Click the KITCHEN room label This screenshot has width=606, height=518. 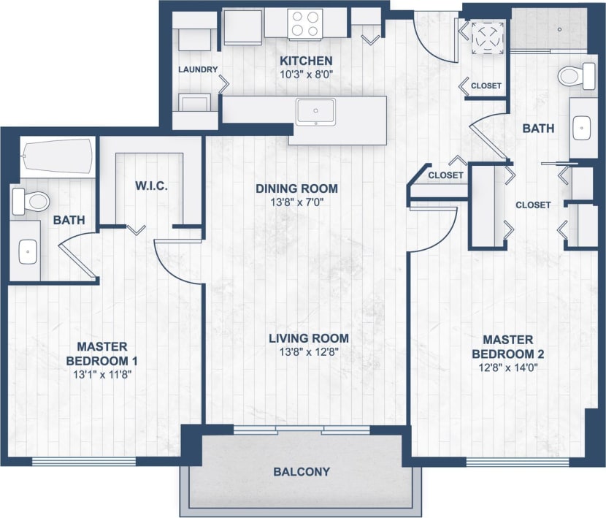pyautogui.click(x=307, y=61)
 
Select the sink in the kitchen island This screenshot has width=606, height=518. pyautogui.click(x=315, y=111)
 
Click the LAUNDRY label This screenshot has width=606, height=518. pyautogui.click(x=198, y=69)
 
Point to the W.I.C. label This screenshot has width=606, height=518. pyautogui.click(x=152, y=186)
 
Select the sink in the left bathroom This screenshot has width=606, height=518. pyautogui.click(x=27, y=252)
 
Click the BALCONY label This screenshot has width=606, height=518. pyautogui.click(x=302, y=472)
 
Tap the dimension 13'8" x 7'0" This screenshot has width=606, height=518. pyautogui.click(x=296, y=202)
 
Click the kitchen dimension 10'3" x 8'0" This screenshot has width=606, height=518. pyautogui.click(x=307, y=74)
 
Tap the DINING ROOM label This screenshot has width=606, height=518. pyautogui.click(x=296, y=189)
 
